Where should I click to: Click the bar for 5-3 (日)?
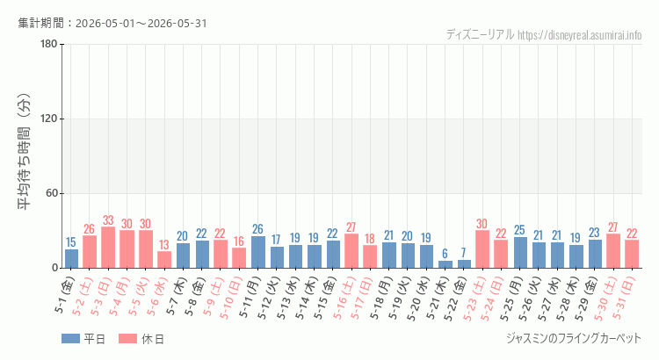click(x=108, y=248)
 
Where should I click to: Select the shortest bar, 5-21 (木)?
click(x=445, y=264)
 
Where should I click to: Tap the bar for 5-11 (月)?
click(x=258, y=252)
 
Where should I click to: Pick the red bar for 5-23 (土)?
click(x=482, y=249)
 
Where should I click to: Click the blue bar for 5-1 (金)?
click(x=71, y=259)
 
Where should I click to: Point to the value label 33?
click(x=108, y=220)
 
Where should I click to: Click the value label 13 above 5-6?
click(x=164, y=244)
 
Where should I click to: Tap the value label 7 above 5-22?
click(x=464, y=253)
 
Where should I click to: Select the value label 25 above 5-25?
click(x=520, y=230)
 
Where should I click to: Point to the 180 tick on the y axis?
click(x=48, y=44)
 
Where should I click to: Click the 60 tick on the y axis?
click(x=52, y=193)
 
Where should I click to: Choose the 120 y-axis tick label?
click(x=48, y=119)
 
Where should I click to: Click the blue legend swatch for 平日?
click(x=70, y=339)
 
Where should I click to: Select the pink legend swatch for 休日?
click(x=127, y=339)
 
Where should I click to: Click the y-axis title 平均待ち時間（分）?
click(x=25, y=152)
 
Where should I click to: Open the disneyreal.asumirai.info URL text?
click(x=580, y=35)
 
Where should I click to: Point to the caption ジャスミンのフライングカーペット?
click(x=574, y=338)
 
